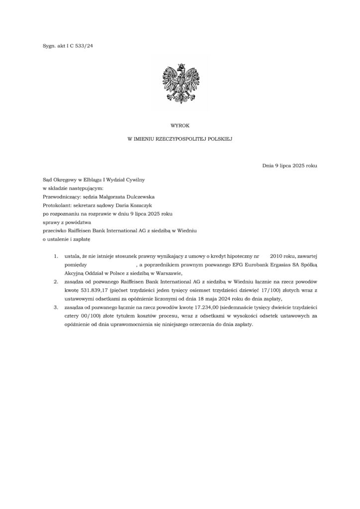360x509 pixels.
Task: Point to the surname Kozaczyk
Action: point(145,205)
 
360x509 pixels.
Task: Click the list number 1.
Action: point(56,256)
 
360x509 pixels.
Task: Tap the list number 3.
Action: point(56,308)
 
